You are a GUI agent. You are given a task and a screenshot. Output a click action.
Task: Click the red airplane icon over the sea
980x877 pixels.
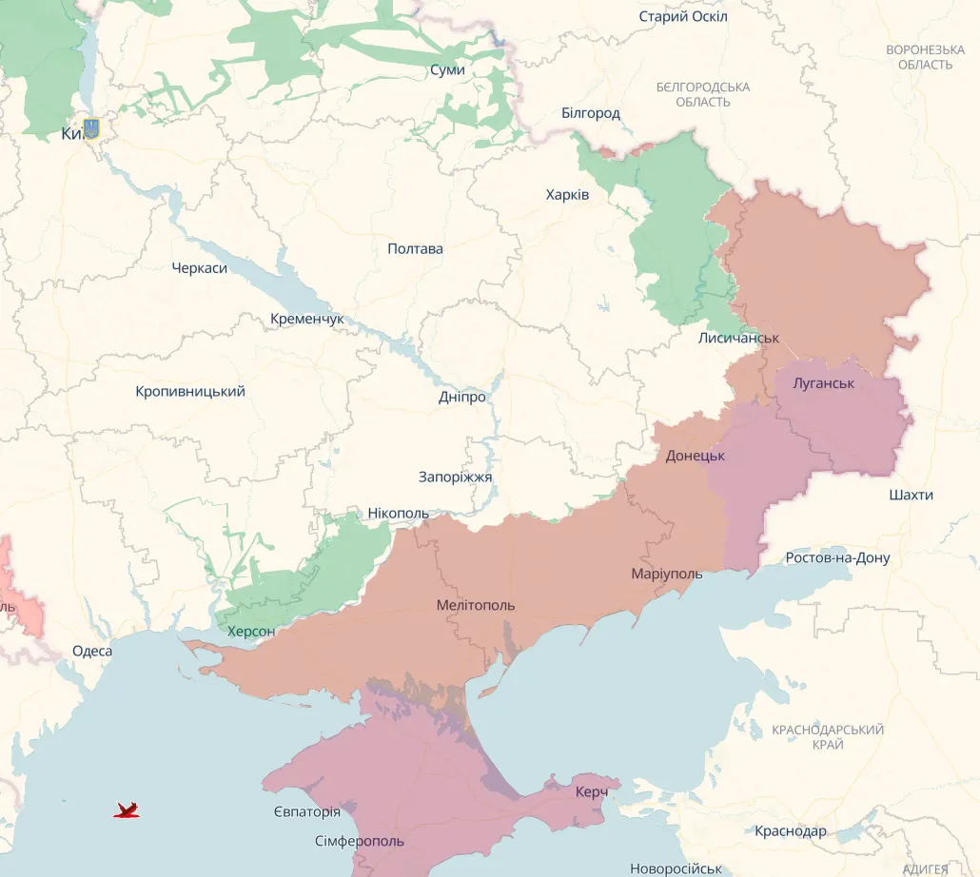[127, 810]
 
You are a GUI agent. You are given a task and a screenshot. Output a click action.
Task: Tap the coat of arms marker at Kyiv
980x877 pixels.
[91, 128]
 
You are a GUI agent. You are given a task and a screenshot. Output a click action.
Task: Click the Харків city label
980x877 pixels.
[567, 195]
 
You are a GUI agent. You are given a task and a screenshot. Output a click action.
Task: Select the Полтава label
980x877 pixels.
[415, 249]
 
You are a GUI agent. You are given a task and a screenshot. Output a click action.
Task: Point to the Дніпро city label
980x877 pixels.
[462, 398]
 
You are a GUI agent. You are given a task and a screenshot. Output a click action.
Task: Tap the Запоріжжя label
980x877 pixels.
[455, 477]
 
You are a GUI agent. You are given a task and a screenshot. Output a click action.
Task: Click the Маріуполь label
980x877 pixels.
[666, 575]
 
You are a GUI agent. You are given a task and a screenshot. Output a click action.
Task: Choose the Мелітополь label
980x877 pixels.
[476, 606]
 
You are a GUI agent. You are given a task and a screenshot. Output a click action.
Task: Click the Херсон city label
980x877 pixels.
[251, 632]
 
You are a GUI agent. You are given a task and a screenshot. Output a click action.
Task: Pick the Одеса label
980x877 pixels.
[92, 652]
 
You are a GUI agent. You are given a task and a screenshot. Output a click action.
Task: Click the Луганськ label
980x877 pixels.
[823, 383]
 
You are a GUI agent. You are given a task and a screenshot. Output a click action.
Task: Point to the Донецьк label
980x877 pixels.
[695, 457]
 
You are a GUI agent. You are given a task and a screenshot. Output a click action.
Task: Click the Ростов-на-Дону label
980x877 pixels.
[837, 558]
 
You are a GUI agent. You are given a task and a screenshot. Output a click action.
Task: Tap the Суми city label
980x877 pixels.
[447, 70]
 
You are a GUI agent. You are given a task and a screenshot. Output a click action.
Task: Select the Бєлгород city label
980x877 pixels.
[590, 113]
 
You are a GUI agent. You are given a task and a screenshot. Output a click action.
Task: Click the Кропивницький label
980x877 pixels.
[190, 392]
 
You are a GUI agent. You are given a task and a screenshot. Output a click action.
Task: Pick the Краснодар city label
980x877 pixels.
[790, 831]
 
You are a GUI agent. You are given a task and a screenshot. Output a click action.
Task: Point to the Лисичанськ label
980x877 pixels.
[738, 339]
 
